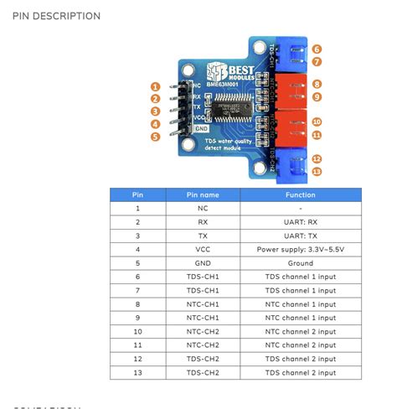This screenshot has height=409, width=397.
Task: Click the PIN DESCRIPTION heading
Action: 57,16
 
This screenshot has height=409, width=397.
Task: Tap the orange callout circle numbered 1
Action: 156,86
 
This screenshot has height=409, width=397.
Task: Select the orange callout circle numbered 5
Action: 156,137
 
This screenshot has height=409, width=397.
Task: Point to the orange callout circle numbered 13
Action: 316,172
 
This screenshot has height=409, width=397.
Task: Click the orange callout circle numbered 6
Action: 316,49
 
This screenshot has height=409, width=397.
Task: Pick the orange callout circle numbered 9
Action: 316,97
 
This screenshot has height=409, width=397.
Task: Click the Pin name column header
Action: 203,194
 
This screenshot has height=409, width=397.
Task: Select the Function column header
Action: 300,194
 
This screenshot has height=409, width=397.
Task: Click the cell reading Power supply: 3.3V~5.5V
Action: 300,250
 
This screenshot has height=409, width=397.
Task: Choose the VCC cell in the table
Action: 203,250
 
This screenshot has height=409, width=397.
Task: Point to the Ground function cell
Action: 300,262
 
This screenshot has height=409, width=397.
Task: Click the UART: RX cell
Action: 300,222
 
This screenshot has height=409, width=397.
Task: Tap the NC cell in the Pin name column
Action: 203,208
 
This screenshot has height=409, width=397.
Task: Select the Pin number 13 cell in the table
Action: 137,373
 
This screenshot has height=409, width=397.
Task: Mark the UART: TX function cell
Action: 300,236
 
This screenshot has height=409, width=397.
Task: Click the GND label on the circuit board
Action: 201,129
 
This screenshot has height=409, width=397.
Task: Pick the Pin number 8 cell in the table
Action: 137,304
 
